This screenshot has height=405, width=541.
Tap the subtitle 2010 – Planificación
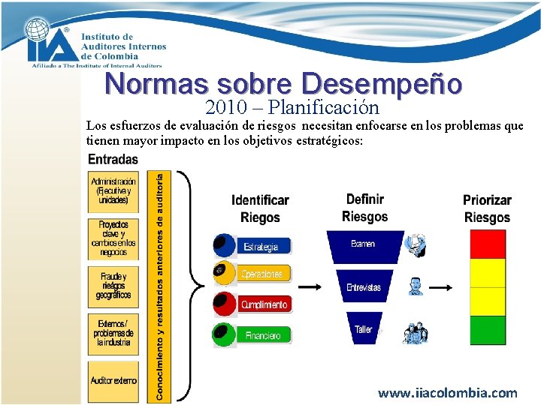(292, 106)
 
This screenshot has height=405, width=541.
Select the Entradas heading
(113, 159)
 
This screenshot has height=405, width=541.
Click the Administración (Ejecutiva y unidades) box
(113, 191)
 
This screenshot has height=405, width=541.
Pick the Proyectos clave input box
(113, 238)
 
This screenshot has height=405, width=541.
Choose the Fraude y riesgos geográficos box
(113, 286)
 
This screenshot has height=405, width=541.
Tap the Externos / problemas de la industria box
(113, 333)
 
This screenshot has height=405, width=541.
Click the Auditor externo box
(113, 380)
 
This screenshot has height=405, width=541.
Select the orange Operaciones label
(262, 274)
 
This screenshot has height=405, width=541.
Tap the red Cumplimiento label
(264, 305)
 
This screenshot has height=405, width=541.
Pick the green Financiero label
(262, 335)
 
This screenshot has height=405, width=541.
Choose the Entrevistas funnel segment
(364, 287)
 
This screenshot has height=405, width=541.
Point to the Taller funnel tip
(364, 329)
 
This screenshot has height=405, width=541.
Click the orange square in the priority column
(488, 301)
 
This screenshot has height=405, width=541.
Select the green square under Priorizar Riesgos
(488, 330)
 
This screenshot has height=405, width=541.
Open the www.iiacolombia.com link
(447, 392)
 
